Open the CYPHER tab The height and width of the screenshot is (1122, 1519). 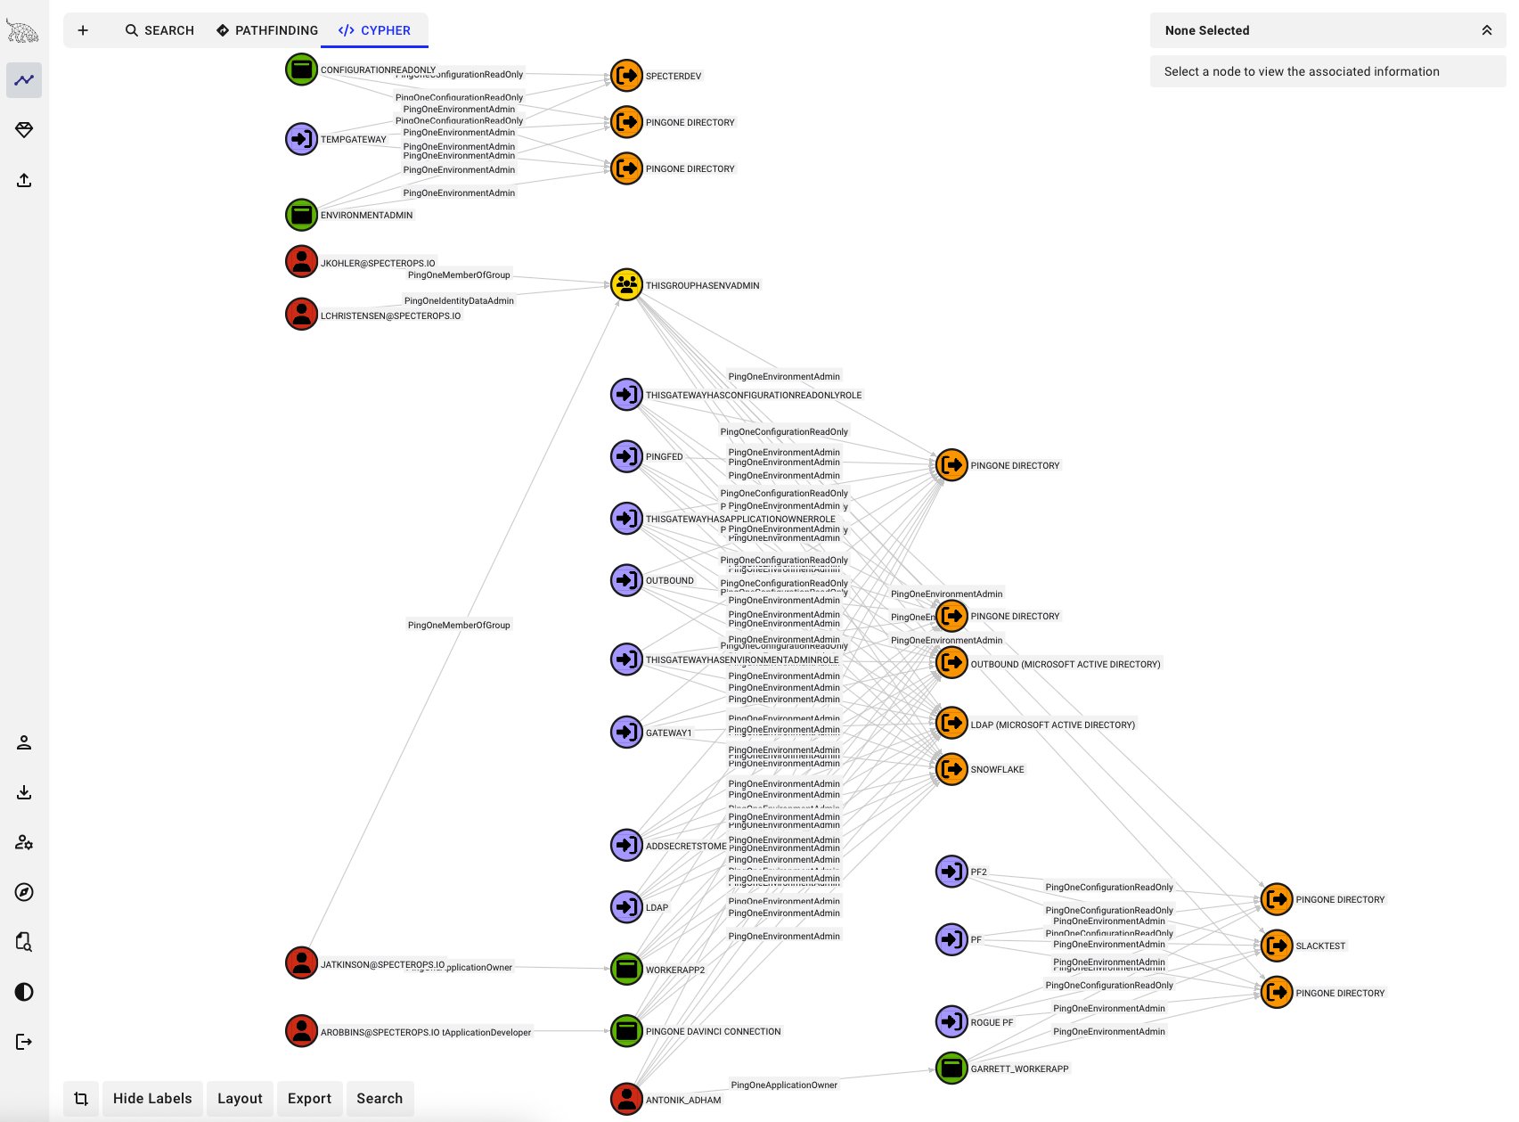(374, 30)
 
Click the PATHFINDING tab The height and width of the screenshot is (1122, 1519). (266, 30)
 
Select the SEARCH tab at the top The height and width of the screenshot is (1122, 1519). (159, 30)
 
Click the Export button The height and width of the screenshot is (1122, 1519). (309, 1098)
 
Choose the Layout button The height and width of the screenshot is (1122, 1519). (240, 1098)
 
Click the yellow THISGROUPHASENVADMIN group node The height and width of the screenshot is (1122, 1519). (626, 285)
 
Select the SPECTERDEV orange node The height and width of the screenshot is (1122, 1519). (626, 76)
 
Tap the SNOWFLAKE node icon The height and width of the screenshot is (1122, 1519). (951, 769)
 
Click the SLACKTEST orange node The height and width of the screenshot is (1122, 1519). (1277, 946)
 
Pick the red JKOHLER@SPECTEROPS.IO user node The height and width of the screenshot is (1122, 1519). (301, 262)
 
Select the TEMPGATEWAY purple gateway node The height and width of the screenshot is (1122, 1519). (301, 139)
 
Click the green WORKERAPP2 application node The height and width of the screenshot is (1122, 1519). (626, 969)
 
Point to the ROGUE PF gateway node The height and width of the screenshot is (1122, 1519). (951, 1021)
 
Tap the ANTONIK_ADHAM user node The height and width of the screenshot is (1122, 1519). (626, 1099)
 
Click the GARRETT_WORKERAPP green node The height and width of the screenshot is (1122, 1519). (951, 1068)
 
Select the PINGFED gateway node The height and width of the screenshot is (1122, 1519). (626, 456)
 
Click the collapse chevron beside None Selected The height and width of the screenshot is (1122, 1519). (1486, 30)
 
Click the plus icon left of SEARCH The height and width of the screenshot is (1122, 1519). (83, 30)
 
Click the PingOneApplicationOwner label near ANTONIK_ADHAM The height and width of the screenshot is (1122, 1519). (784, 1085)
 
